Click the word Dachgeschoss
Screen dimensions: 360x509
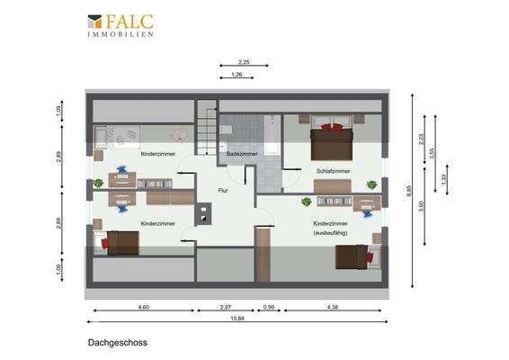tap(117, 343)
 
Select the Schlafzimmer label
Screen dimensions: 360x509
tap(332, 170)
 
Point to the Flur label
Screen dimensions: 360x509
tap(223, 191)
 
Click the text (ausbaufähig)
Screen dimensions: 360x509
tap(330, 233)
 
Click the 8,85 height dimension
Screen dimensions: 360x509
tap(409, 190)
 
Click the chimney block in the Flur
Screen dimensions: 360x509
tap(206, 215)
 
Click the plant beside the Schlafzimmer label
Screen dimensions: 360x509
tap(371, 186)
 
